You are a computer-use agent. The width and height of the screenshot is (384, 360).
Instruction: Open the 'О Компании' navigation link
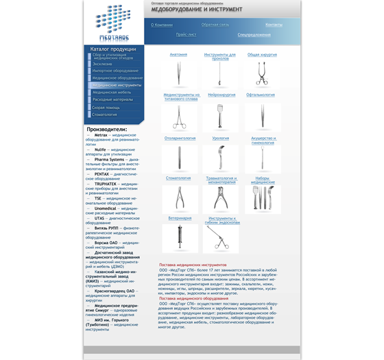pos(162,25)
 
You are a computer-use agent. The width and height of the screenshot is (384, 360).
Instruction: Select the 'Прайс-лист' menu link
pos(186,34)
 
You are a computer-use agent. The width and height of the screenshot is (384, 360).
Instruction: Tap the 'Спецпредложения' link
pos(254,34)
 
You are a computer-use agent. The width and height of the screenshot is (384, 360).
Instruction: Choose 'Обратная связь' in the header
pos(215,25)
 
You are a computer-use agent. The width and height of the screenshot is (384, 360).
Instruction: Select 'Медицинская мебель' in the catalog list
pos(112,92)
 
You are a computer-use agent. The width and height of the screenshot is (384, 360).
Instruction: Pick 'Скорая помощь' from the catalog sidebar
pos(106,107)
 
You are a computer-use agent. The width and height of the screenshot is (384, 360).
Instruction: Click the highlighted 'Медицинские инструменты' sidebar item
pos(117,85)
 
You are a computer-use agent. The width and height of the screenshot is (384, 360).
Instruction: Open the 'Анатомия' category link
pos(178,54)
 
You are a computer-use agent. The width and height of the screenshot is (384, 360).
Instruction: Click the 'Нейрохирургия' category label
pos(221,95)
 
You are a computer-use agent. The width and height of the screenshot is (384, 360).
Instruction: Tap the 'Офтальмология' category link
pos(261,95)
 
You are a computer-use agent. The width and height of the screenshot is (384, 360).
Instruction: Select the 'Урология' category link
pos(221,138)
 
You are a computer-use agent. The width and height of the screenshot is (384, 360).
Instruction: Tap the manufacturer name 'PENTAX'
pos(104,174)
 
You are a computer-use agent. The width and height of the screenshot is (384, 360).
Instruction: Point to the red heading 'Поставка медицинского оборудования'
pos(194,298)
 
